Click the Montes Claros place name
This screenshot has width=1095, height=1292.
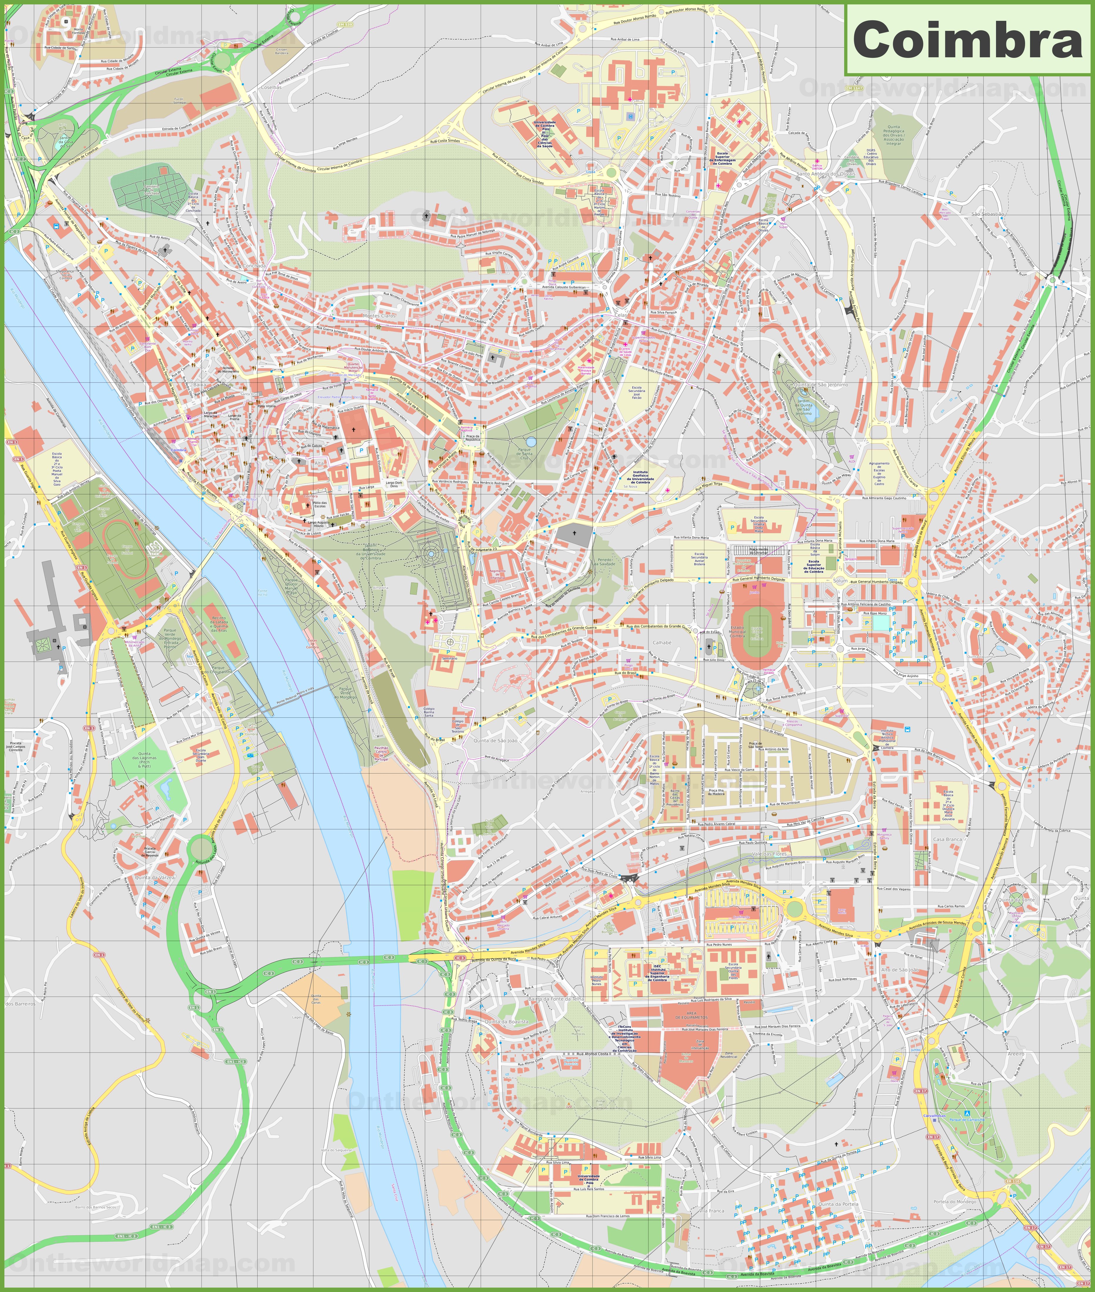tap(379, 316)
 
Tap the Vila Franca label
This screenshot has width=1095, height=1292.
tap(711, 1211)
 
